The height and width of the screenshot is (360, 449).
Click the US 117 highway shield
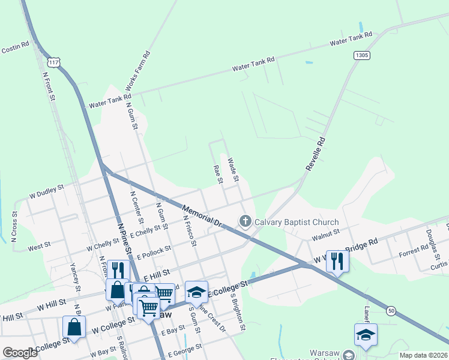pos(55,62)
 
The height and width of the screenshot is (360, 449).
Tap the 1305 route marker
pos(361,55)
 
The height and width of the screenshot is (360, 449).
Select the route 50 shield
pos(391,310)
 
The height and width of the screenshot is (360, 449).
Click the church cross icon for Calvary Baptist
pos(245,222)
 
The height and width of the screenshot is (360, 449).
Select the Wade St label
pos(234,170)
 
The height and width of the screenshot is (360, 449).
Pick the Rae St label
pos(218,174)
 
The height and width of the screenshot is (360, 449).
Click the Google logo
pos(20,353)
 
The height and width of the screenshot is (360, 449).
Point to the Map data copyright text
pos(423,355)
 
